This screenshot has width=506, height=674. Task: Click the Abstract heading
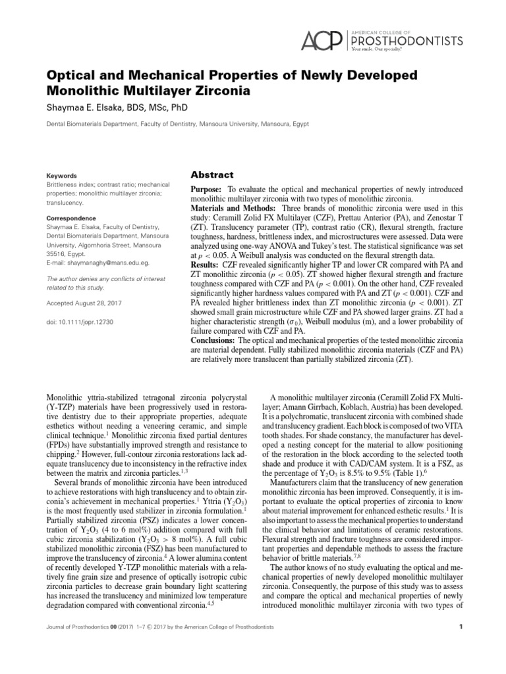[211, 174]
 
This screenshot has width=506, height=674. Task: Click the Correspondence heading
[71, 218]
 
